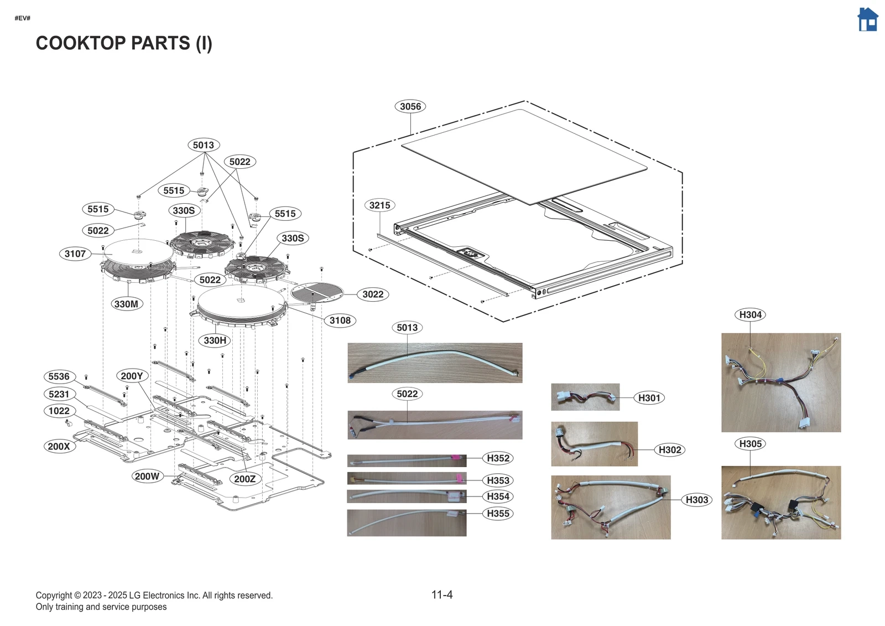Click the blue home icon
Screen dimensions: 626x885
coord(867,20)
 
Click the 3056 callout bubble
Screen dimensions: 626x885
coord(410,106)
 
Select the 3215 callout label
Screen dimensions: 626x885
coord(379,205)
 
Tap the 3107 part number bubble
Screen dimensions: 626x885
coord(75,254)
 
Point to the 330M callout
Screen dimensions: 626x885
coord(126,304)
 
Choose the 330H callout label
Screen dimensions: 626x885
coord(215,340)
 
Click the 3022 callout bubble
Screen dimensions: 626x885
coord(373,294)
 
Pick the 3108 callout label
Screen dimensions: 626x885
coord(340,320)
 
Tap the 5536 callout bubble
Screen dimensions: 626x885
coord(59,376)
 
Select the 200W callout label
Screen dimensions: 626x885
coord(147,476)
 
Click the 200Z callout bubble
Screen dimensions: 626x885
coord(244,479)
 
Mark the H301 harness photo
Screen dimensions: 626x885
coord(585,397)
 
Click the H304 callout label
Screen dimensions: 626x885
coord(750,315)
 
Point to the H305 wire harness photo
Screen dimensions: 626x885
coord(780,502)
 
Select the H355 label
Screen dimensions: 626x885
coord(498,514)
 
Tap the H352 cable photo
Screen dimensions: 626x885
coord(406,461)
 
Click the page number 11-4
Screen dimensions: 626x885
coord(442,595)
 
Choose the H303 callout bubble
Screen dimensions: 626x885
coord(696,500)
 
